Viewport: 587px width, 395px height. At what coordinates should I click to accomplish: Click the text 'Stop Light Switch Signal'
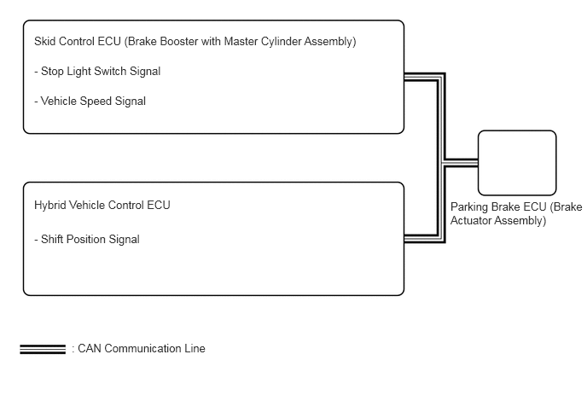click(x=101, y=71)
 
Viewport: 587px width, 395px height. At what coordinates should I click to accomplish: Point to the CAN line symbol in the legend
click(x=43, y=349)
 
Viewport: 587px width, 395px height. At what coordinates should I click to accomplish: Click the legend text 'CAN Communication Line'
click(x=142, y=349)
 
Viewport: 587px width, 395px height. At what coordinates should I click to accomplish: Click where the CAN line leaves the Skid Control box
click(x=404, y=77)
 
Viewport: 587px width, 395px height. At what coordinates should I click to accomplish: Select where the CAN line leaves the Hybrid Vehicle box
click(x=404, y=239)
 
